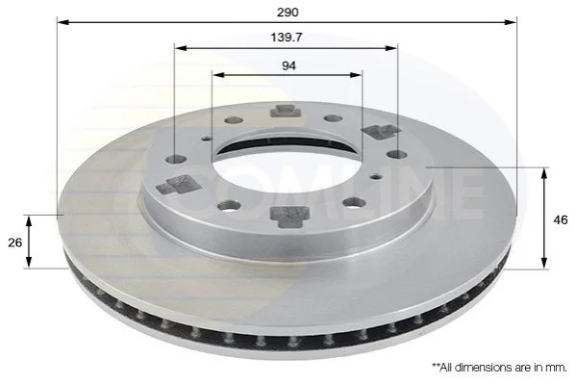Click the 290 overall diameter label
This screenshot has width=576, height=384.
tap(288, 13)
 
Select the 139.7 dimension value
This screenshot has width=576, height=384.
tap(287, 38)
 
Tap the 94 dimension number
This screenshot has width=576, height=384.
tap(288, 65)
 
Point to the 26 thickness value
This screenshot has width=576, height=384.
tap(15, 243)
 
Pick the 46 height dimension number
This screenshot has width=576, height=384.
tap(561, 220)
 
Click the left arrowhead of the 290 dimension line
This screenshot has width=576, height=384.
tap(63, 22)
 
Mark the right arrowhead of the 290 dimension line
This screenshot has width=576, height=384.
tap(511, 22)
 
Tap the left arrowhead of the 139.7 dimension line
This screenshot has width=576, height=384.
tap(181, 48)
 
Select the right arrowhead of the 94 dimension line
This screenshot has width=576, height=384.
tap(356, 75)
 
